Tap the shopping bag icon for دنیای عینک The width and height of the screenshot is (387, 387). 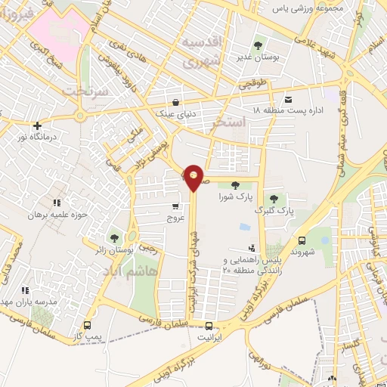[176, 103]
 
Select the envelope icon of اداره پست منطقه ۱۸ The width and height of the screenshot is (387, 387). [288, 100]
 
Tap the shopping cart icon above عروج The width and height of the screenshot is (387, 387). [176, 205]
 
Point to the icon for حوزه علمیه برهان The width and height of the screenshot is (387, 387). [56, 203]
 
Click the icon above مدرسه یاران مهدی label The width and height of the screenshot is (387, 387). [25, 289]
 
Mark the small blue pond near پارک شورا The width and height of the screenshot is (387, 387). [245, 226]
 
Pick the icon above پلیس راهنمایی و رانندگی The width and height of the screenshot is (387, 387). [252, 249]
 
